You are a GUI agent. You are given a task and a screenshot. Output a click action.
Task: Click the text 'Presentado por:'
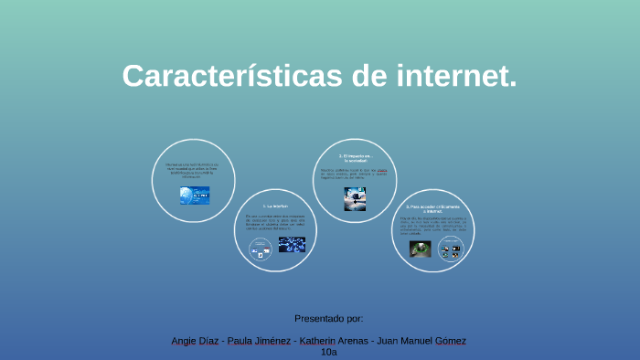click(329, 318)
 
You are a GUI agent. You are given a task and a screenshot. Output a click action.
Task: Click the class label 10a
click(329, 352)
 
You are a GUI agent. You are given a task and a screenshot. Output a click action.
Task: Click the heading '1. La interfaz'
click(275, 206)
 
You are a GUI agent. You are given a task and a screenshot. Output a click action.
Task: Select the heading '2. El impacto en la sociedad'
click(355, 159)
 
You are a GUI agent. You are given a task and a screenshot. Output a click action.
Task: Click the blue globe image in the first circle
click(195, 195)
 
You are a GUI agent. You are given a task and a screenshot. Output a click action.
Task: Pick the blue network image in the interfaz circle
click(292, 244)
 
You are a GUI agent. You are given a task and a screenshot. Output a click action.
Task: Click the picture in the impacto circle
click(355, 198)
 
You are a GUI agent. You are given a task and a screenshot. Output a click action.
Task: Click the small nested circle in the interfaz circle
click(260, 247)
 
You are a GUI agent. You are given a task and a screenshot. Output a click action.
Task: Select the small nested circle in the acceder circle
click(450, 249)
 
